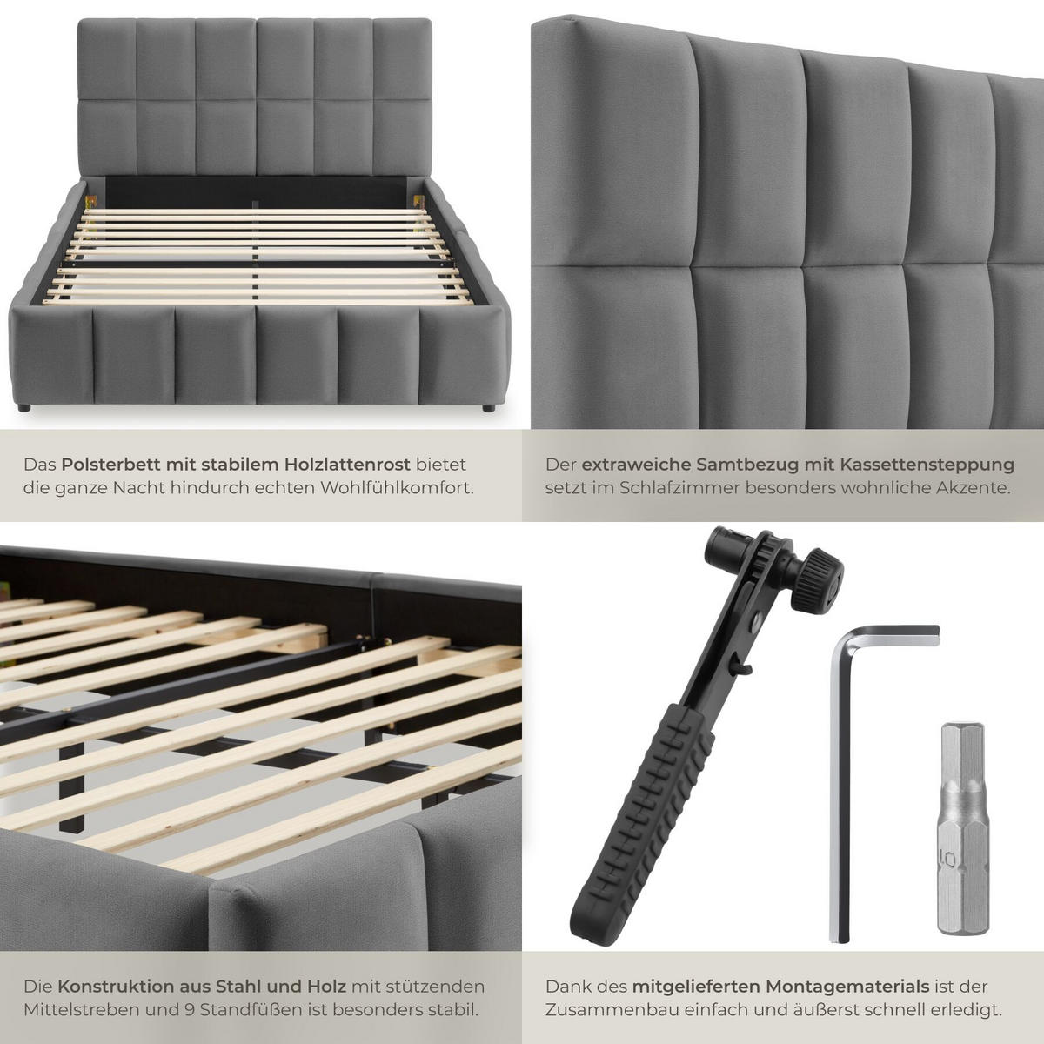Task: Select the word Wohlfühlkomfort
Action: pos(397,488)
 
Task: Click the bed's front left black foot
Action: pos(23,407)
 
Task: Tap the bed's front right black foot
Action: pos(487,407)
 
